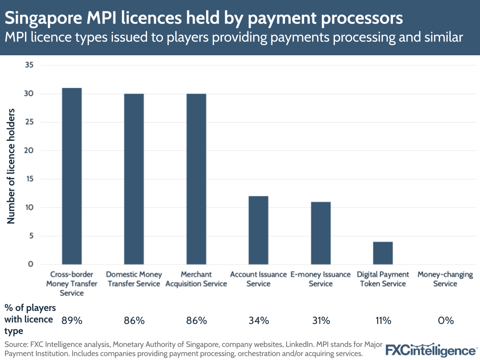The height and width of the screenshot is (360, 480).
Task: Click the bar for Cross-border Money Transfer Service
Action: [x=72, y=176]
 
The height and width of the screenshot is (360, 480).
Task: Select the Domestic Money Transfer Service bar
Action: [x=134, y=179]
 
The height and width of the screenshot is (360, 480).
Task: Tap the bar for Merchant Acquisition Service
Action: [x=196, y=179]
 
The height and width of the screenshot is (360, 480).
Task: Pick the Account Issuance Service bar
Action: [x=258, y=230]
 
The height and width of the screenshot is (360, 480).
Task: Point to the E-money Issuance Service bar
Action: [x=320, y=233]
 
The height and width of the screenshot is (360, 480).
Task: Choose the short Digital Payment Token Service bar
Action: [x=383, y=253]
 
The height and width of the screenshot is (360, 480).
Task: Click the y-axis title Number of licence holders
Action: [x=12, y=166]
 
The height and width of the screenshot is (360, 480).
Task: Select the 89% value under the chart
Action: [x=71, y=321]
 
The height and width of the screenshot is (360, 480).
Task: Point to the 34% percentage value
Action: [x=258, y=321]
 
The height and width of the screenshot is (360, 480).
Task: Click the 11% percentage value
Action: [x=383, y=321]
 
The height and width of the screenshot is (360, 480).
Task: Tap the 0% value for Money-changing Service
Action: [x=445, y=321]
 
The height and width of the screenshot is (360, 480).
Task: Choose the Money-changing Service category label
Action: [x=445, y=279]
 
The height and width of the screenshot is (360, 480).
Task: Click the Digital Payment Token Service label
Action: [x=383, y=279]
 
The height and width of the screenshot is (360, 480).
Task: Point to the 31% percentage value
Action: [x=320, y=321]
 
